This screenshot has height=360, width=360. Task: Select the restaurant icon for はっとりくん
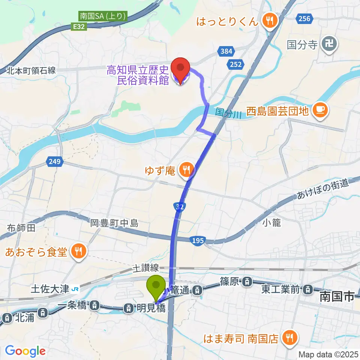pos(269,20)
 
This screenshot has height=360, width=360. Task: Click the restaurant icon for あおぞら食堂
pos(78,250)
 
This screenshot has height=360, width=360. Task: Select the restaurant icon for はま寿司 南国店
pos(289,339)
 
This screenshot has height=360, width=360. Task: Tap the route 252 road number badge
pos(236,64)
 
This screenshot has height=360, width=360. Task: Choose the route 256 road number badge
pos(304,18)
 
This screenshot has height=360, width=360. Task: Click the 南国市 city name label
pos(337,297)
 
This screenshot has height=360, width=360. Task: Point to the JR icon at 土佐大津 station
pos(75,289)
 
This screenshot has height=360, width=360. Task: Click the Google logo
pos(25,351)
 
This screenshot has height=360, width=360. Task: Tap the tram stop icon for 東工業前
pos(307,289)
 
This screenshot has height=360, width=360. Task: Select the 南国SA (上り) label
pos(103,16)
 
